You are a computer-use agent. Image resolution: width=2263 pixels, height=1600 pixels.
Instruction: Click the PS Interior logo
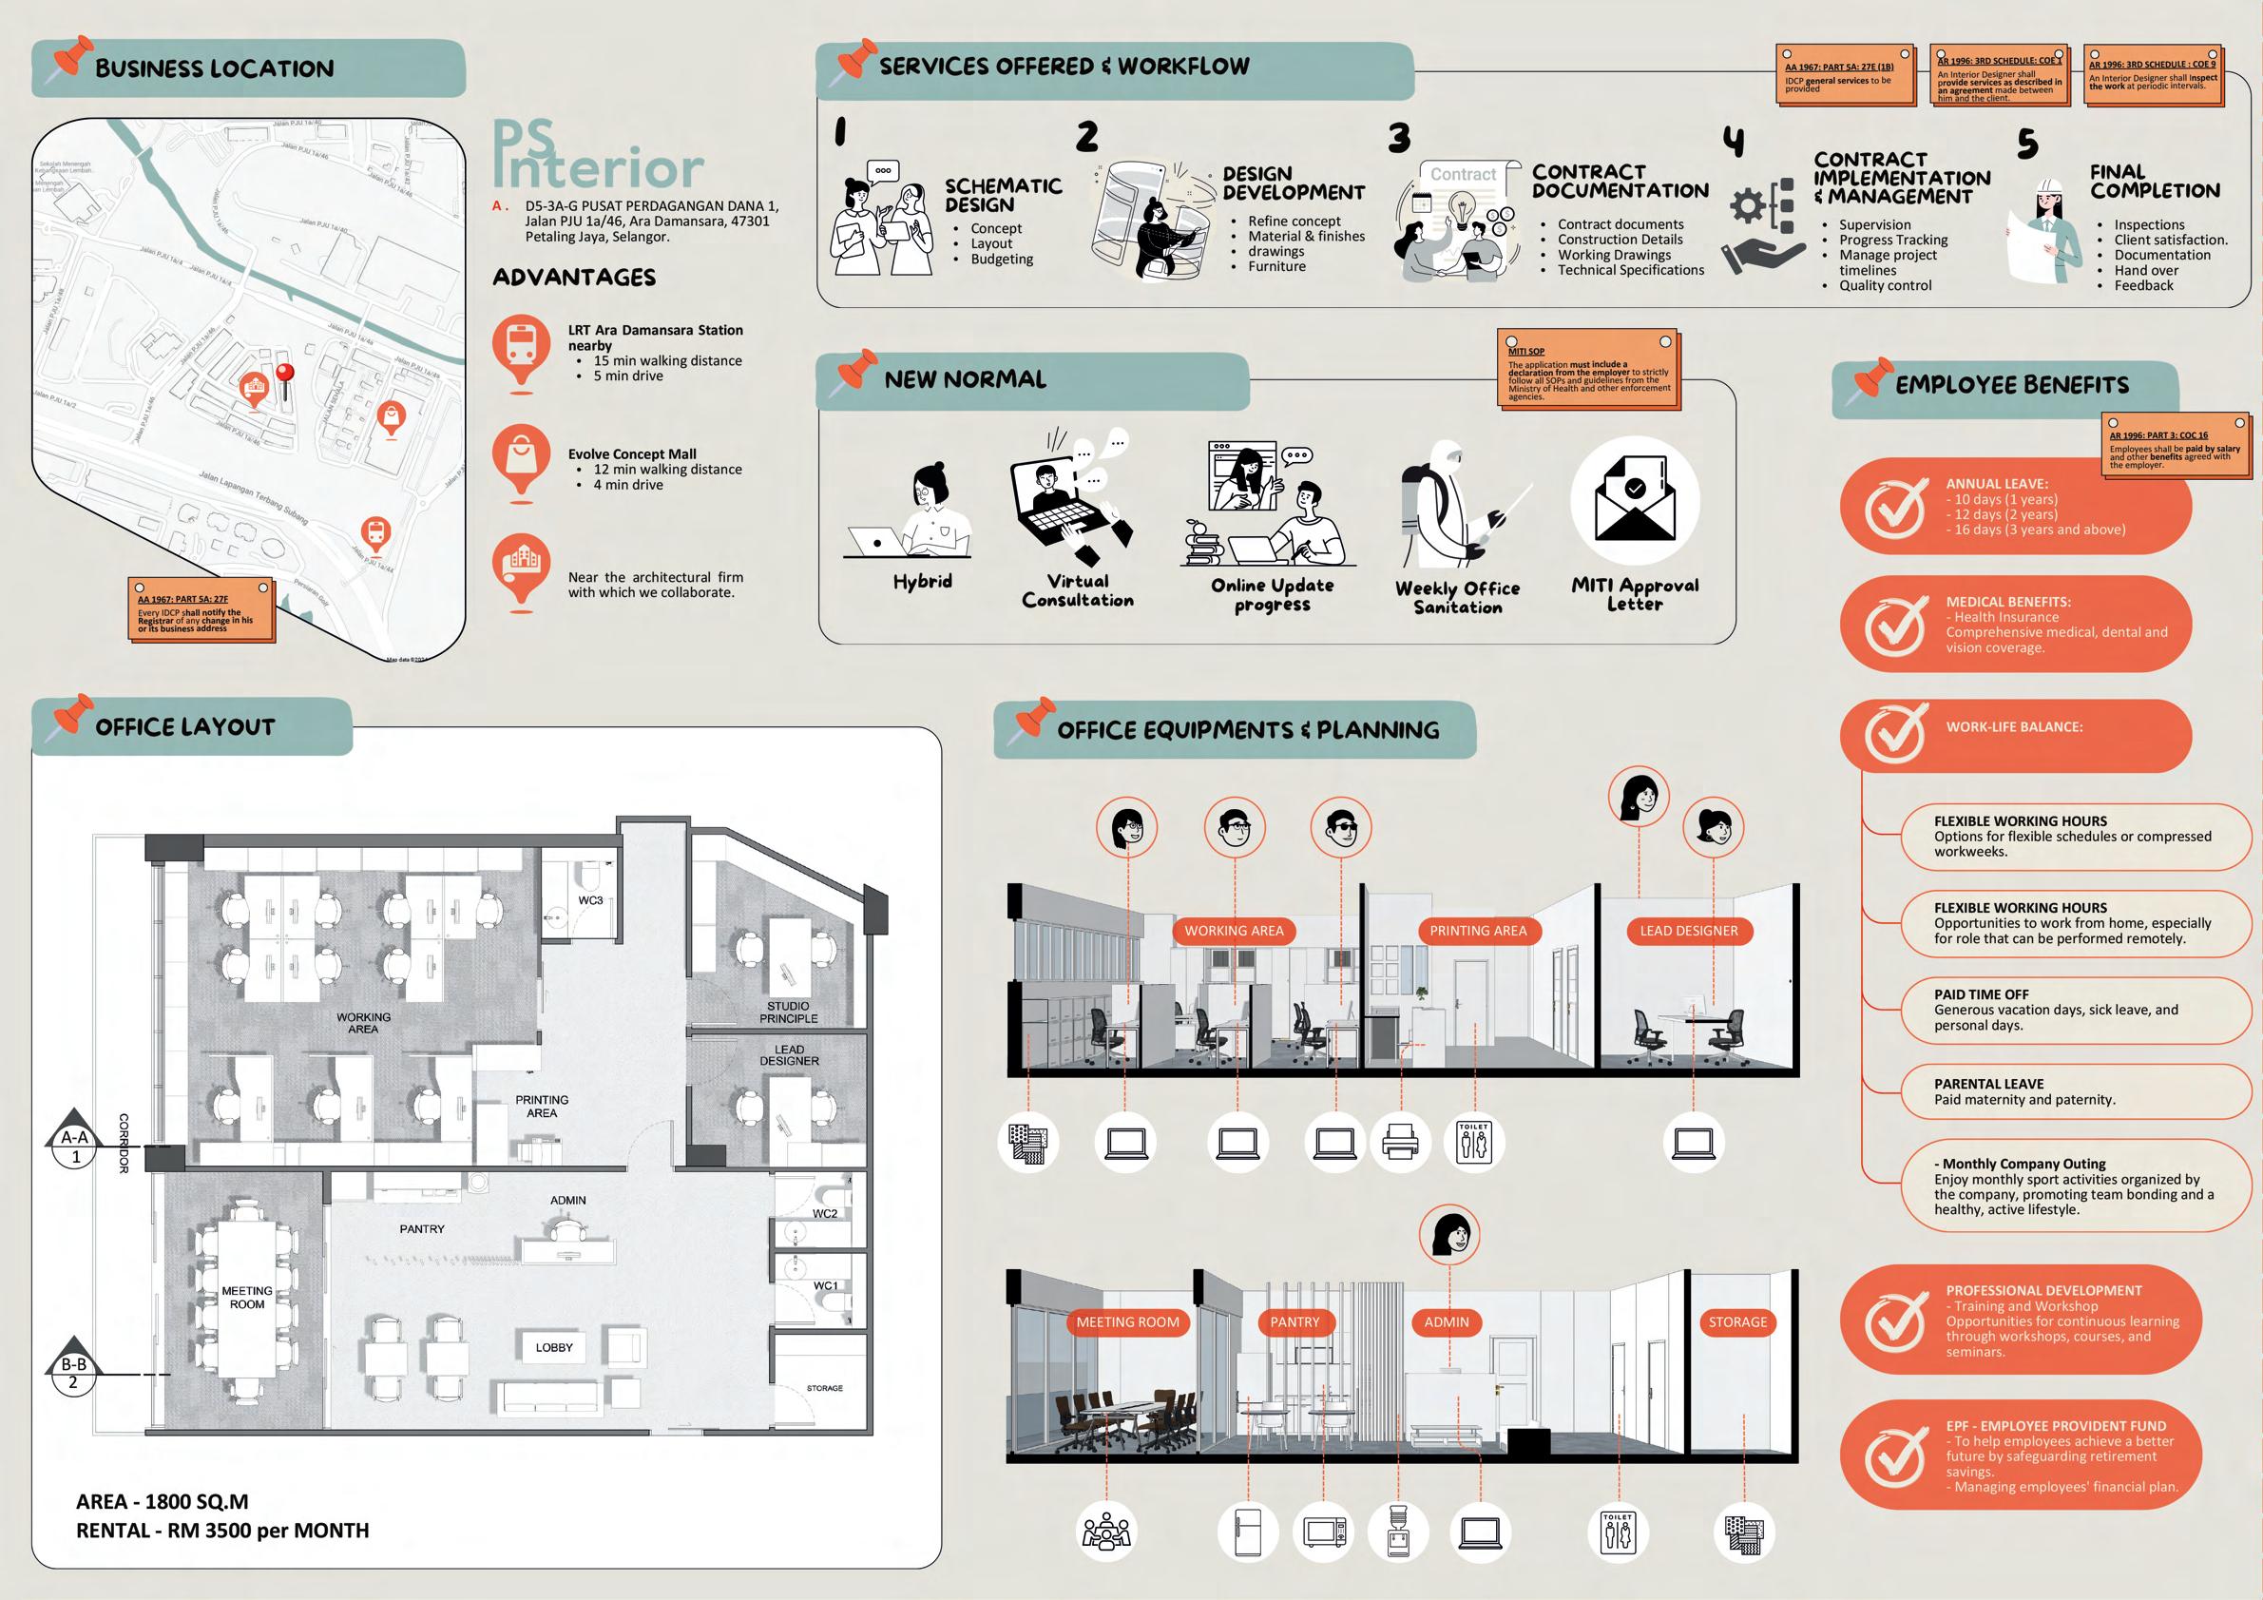(x=597, y=155)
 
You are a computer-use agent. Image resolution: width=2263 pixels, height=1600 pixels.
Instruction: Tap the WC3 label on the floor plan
(x=590, y=900)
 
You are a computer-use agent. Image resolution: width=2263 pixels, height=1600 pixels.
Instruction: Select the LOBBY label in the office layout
(x=554, y=1348)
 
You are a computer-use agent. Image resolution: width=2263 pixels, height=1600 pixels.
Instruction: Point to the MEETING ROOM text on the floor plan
(x=246, y=1298)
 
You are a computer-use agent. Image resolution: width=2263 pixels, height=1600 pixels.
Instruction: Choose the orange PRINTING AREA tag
(x=1477, y=931)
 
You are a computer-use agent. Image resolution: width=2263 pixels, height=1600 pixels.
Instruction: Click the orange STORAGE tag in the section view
(x=1737, y=1322)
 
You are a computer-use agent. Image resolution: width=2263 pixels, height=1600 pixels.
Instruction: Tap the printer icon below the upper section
(x=1401, y=1143)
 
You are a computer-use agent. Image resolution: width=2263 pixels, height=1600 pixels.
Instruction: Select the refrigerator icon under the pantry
(x=1248, y=1531)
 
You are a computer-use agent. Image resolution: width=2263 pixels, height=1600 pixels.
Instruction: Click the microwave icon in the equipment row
(x=1324, y=1531)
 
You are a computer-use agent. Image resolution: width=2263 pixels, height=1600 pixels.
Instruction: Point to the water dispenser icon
(x=1397, y=1531)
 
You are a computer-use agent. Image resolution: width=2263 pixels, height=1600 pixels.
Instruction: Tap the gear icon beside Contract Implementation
(x=1749, y=206)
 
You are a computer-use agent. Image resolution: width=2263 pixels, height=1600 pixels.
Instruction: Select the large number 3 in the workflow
(x=1399, y=139)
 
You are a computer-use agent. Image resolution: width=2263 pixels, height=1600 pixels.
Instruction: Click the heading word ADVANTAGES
(x=574, y=277)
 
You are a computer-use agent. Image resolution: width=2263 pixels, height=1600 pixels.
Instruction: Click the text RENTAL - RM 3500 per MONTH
(x=222, y=1531)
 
